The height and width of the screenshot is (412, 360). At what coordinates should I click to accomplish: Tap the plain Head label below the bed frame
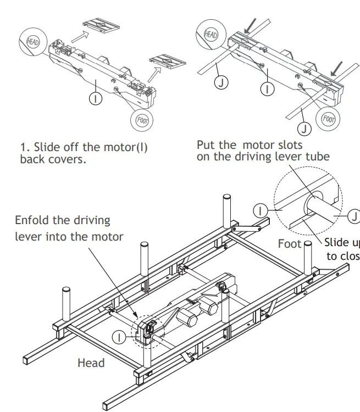click(x=91, y=363)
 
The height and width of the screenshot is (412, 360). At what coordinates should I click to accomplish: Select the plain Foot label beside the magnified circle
click(x=290, y=243)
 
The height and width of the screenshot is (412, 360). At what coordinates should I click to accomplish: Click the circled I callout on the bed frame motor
click(x=118, y=337)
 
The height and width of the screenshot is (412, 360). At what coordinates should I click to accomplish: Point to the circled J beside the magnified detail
click(x=354, y=215)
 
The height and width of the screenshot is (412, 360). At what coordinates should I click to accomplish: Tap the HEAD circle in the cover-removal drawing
click(x=31, y=40)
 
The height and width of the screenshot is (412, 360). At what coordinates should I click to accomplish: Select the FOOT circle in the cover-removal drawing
click(x=142, y=120)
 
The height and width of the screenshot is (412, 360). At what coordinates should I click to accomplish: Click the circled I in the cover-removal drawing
click(x=96, y=98)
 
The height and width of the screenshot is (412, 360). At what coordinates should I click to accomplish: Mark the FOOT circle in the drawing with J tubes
click(x=329, y=118)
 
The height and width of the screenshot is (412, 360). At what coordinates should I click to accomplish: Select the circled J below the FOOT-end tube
click(x=304, y=129)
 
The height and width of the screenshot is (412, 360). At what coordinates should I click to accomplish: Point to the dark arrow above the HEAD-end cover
click(x=252, y=24)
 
